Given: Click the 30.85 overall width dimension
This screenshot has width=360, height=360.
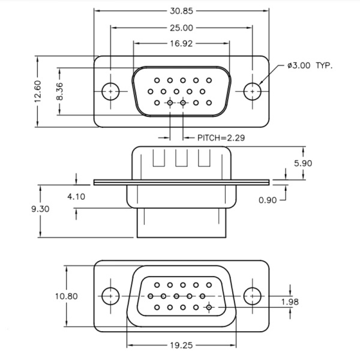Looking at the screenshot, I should pyautogui.click(x=181, y=11).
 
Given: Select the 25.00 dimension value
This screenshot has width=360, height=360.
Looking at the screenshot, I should pyautogui.click(x=181, y=28).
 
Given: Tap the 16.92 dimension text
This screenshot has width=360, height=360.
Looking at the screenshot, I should pyautogui.click(x=181, y=43).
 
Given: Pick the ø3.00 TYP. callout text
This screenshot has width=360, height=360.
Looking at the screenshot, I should pyautogui.click(x=310, y=65).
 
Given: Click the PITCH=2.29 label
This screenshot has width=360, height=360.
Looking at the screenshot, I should pyautogui.click(x=221, y=137).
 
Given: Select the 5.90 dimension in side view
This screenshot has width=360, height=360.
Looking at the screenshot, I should pyautogui.click(x=302, y=163).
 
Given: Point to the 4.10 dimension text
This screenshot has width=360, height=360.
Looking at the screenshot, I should pyautogui.click(x=76, y=196).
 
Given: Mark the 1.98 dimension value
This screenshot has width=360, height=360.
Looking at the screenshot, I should pyautogui.click(x=289, y=302).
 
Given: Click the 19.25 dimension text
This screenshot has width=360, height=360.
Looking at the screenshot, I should pyautogui.click(x=181, y=345).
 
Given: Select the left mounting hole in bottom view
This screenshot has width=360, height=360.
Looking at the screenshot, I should pyautogui.click(x=110, y=296).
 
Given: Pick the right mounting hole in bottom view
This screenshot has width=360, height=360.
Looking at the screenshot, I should pyautogui.click(x=253, y=296).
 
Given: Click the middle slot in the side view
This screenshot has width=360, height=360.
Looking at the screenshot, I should pyautogui.click(x=182, y=158).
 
